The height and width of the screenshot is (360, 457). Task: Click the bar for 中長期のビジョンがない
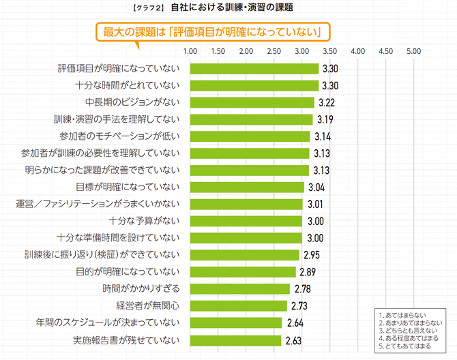252,102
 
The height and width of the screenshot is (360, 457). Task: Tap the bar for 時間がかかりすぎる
240,288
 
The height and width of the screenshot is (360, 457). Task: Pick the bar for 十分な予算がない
246,220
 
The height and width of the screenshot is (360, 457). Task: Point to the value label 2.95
311,254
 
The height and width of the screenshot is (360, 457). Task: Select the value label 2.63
293,339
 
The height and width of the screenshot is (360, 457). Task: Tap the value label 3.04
316,187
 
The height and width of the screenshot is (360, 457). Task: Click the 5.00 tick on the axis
413,50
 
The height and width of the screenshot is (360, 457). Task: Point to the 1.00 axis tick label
191,50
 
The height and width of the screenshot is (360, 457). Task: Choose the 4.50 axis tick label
385,50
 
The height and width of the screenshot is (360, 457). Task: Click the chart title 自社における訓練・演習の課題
232,8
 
